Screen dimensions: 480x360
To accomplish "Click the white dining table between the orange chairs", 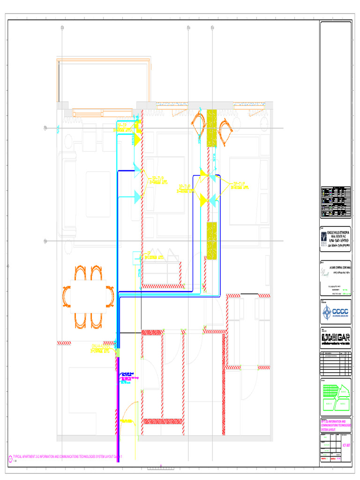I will coord(88,296).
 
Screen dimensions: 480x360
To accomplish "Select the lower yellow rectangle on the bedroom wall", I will coord(211,240).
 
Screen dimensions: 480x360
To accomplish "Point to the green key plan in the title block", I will coord(336,396).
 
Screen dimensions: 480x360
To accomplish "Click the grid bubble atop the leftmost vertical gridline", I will coord(62,29).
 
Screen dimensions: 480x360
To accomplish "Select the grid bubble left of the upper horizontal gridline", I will coord(45,128).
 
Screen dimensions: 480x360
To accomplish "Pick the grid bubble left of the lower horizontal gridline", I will coord(45,241).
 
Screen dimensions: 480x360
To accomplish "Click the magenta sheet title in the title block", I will coord(336,425).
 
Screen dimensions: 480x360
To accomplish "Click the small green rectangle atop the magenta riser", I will coord(118,352).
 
